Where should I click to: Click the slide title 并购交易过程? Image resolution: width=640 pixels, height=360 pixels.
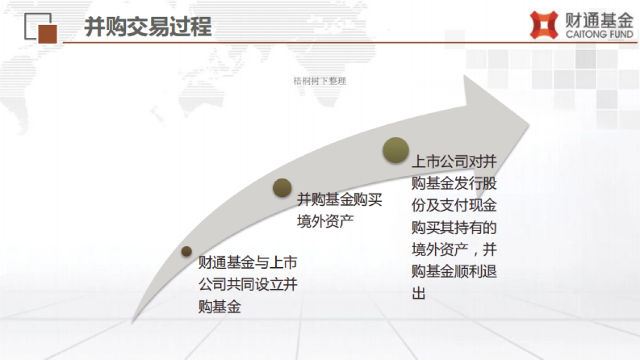(x=148, y=27)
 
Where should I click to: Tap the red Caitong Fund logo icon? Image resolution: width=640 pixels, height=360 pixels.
(x=543, y=25)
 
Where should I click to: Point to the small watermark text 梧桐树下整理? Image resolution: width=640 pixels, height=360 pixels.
(x=320, y=81)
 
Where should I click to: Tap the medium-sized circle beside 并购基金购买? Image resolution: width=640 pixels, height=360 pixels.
(x=282, y=187)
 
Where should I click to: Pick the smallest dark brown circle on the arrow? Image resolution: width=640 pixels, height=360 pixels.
(x=186, y=251)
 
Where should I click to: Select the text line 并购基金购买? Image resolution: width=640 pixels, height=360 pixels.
(x=340, y=201)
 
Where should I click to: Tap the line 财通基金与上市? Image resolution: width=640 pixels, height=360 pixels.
(x=247, y=263)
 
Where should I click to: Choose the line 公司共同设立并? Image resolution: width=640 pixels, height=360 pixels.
(x=247, y=285)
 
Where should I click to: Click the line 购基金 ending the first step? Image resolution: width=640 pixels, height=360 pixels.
(x=219, y=307)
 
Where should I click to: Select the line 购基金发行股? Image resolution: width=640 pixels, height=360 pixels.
(x=454, y=184)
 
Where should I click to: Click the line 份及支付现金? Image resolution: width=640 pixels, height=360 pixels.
(x=454, y=206)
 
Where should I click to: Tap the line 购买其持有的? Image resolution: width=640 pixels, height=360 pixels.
(x=454, y=228)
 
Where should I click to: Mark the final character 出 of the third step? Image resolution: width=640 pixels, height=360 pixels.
(x=419, y=293)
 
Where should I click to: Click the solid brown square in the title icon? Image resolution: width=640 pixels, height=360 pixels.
(x=47, y=33)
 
